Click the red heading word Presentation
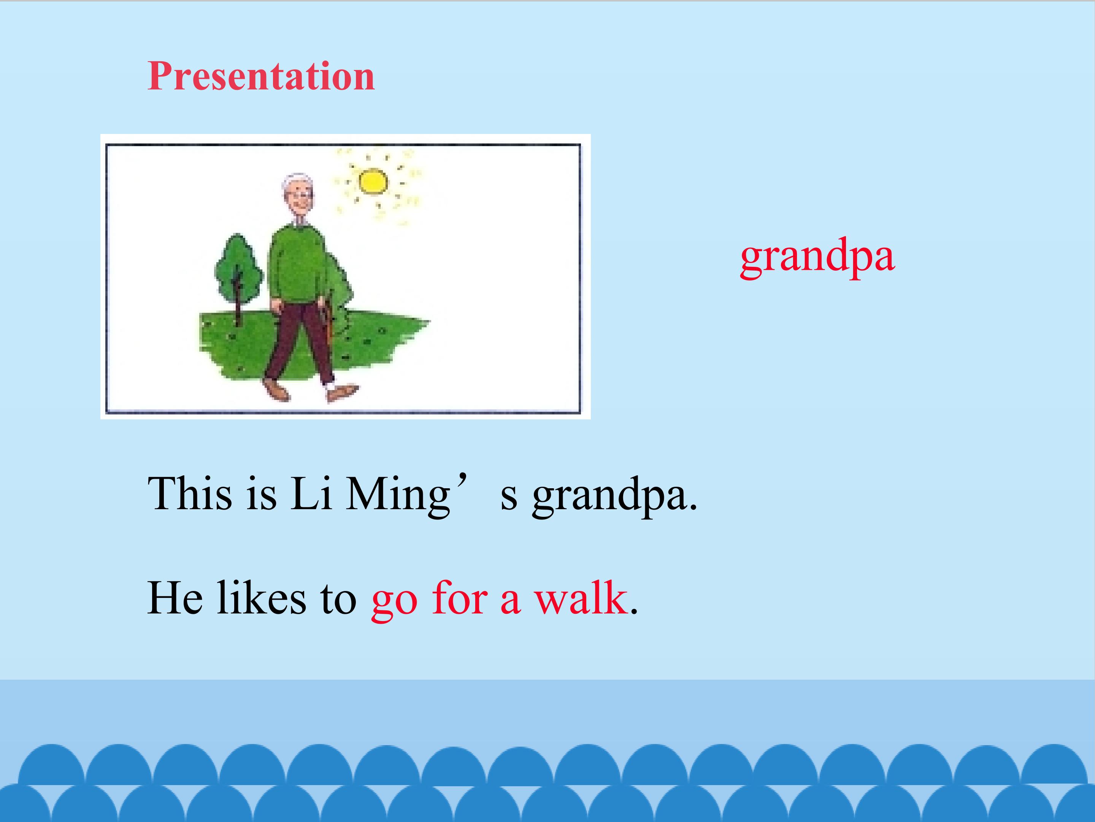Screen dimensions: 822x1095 pyautogui.click(x=261, y=77)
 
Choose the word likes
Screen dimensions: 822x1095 pyautogui.click(x=261, y=599)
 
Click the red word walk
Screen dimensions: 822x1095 pyautogui.click(x=580, y=599)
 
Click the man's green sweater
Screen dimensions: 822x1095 pyautogui.click(x=295, y=263)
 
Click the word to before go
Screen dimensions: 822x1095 pyautogui.click(x=338, y=599)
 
